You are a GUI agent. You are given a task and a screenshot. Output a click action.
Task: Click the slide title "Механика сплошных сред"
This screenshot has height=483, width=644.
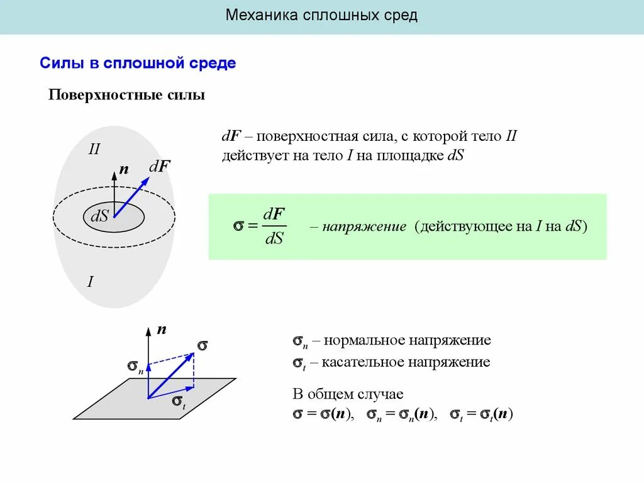321,15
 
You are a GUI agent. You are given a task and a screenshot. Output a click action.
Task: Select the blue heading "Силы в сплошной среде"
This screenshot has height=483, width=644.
138,64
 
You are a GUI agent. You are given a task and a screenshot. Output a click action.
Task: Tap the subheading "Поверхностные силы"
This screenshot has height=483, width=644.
127,96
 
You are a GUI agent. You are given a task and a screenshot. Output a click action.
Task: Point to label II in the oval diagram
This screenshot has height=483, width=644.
94,149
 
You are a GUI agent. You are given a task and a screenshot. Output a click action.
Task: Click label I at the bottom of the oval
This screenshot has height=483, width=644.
90,282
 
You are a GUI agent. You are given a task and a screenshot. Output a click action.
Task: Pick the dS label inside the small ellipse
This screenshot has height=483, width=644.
100,216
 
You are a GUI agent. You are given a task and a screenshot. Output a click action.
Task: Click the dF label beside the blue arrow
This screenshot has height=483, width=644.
160,167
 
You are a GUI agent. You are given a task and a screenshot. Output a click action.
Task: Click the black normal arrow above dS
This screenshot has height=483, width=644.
114,192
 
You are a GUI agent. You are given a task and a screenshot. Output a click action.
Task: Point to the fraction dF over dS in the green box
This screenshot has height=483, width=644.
274,226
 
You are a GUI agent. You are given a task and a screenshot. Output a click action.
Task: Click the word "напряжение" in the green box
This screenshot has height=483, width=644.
364,226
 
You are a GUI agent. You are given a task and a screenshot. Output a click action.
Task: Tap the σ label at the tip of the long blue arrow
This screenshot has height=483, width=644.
202,345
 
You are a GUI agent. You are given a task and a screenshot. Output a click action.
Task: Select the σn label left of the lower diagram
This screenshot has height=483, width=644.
135,366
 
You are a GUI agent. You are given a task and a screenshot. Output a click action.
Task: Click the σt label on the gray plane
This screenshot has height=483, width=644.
179,402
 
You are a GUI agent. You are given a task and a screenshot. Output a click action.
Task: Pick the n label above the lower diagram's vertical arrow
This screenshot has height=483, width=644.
161,329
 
